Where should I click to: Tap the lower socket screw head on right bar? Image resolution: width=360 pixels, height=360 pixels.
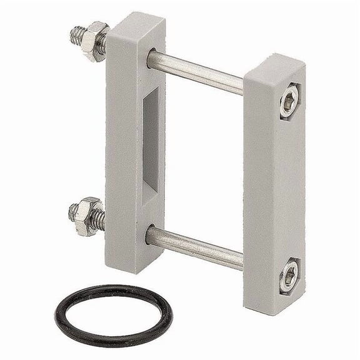[288, 279]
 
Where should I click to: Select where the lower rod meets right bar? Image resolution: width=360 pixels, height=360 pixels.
[241, 260]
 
